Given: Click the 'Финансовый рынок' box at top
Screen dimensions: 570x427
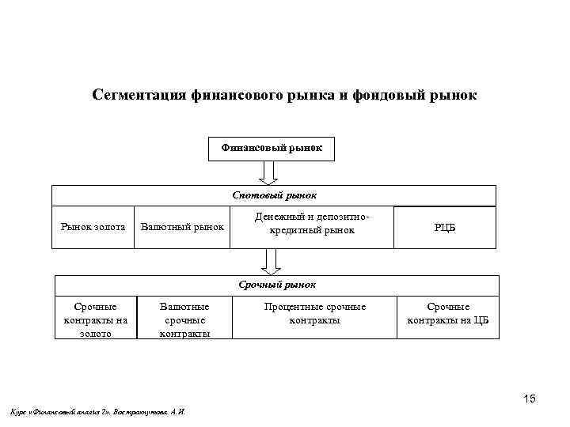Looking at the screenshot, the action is click(x=272, y=148).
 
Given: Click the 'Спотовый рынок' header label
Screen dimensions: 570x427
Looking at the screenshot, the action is click(x=274, y=195).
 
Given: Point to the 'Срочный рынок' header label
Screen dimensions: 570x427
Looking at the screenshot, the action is click(x=276, y=284).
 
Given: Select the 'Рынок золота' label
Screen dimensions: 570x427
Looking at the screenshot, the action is click(x=93, y=228).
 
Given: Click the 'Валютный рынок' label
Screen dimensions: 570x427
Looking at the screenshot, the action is click(x=182, y=228).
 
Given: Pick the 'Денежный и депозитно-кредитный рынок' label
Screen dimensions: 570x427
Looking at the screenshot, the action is click(x=313, y=223).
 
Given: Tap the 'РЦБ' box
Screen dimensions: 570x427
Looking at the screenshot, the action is click(x=445, y=228).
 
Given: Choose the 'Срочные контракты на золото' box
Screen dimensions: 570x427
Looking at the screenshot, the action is click(x=95, y=319).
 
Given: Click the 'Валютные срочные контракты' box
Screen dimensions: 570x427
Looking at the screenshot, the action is click(x=184, y=319).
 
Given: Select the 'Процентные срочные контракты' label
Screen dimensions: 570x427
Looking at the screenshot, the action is click(x=314, y=313).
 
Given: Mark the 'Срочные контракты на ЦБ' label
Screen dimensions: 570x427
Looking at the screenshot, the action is click(x=448, y=313).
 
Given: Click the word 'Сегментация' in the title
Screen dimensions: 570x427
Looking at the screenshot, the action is click(x=138, y=96).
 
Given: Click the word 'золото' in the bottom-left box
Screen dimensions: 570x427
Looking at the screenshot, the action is click(x=95, y=333).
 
